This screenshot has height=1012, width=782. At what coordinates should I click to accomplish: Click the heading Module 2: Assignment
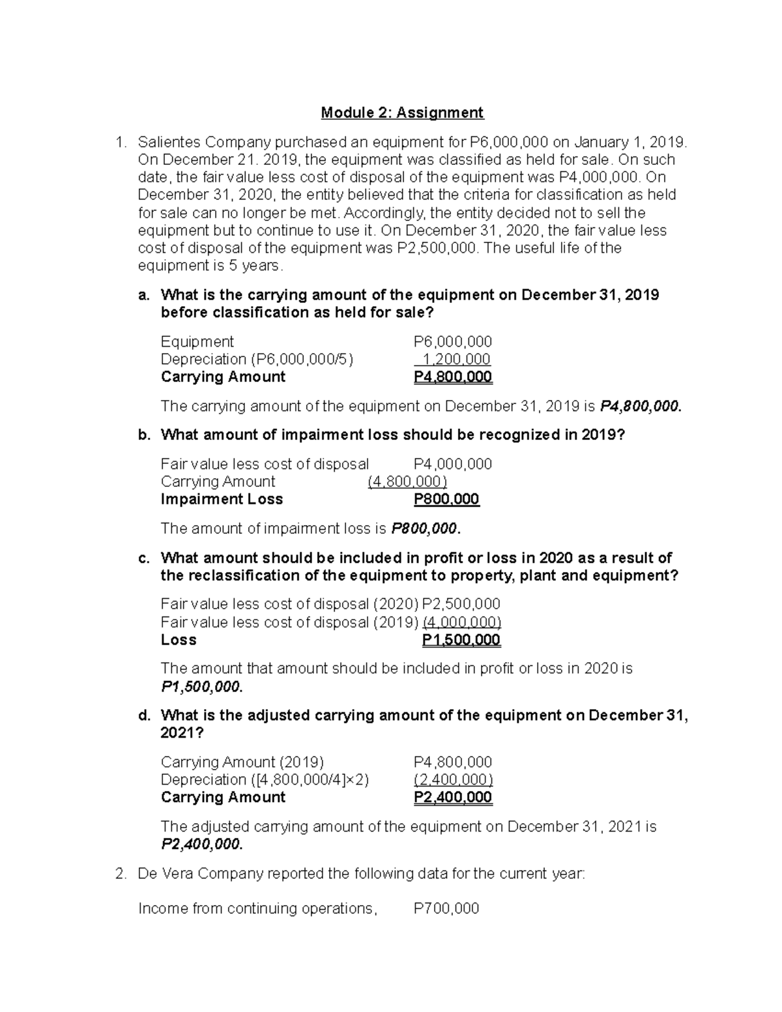click(402, 113)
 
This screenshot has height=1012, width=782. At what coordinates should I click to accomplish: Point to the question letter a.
click(143, 295)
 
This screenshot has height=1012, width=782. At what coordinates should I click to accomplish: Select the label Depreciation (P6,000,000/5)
click(257, 359)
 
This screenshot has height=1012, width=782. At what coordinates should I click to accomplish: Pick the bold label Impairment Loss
click(222, 499)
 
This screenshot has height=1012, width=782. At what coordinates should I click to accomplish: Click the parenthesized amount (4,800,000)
click(407, 482)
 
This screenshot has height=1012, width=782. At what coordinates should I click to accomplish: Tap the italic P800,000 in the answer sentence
click(426, 528)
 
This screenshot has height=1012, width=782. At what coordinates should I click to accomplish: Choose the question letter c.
click(143, 558)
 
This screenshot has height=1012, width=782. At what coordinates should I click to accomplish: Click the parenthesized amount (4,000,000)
click(461, 622)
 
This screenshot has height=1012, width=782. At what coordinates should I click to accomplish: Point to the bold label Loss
click(178, 639)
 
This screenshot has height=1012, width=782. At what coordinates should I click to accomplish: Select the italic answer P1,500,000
click(201, 687)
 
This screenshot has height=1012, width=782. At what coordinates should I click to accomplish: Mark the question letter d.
click(143, 716)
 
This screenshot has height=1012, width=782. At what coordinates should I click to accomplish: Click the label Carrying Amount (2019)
click(242, 762)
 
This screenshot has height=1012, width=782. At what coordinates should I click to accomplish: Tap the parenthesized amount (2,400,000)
click(453, 779)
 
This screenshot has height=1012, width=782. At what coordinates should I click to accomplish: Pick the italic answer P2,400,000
click(201, 845)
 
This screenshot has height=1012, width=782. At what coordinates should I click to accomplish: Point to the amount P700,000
click(446, 908)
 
